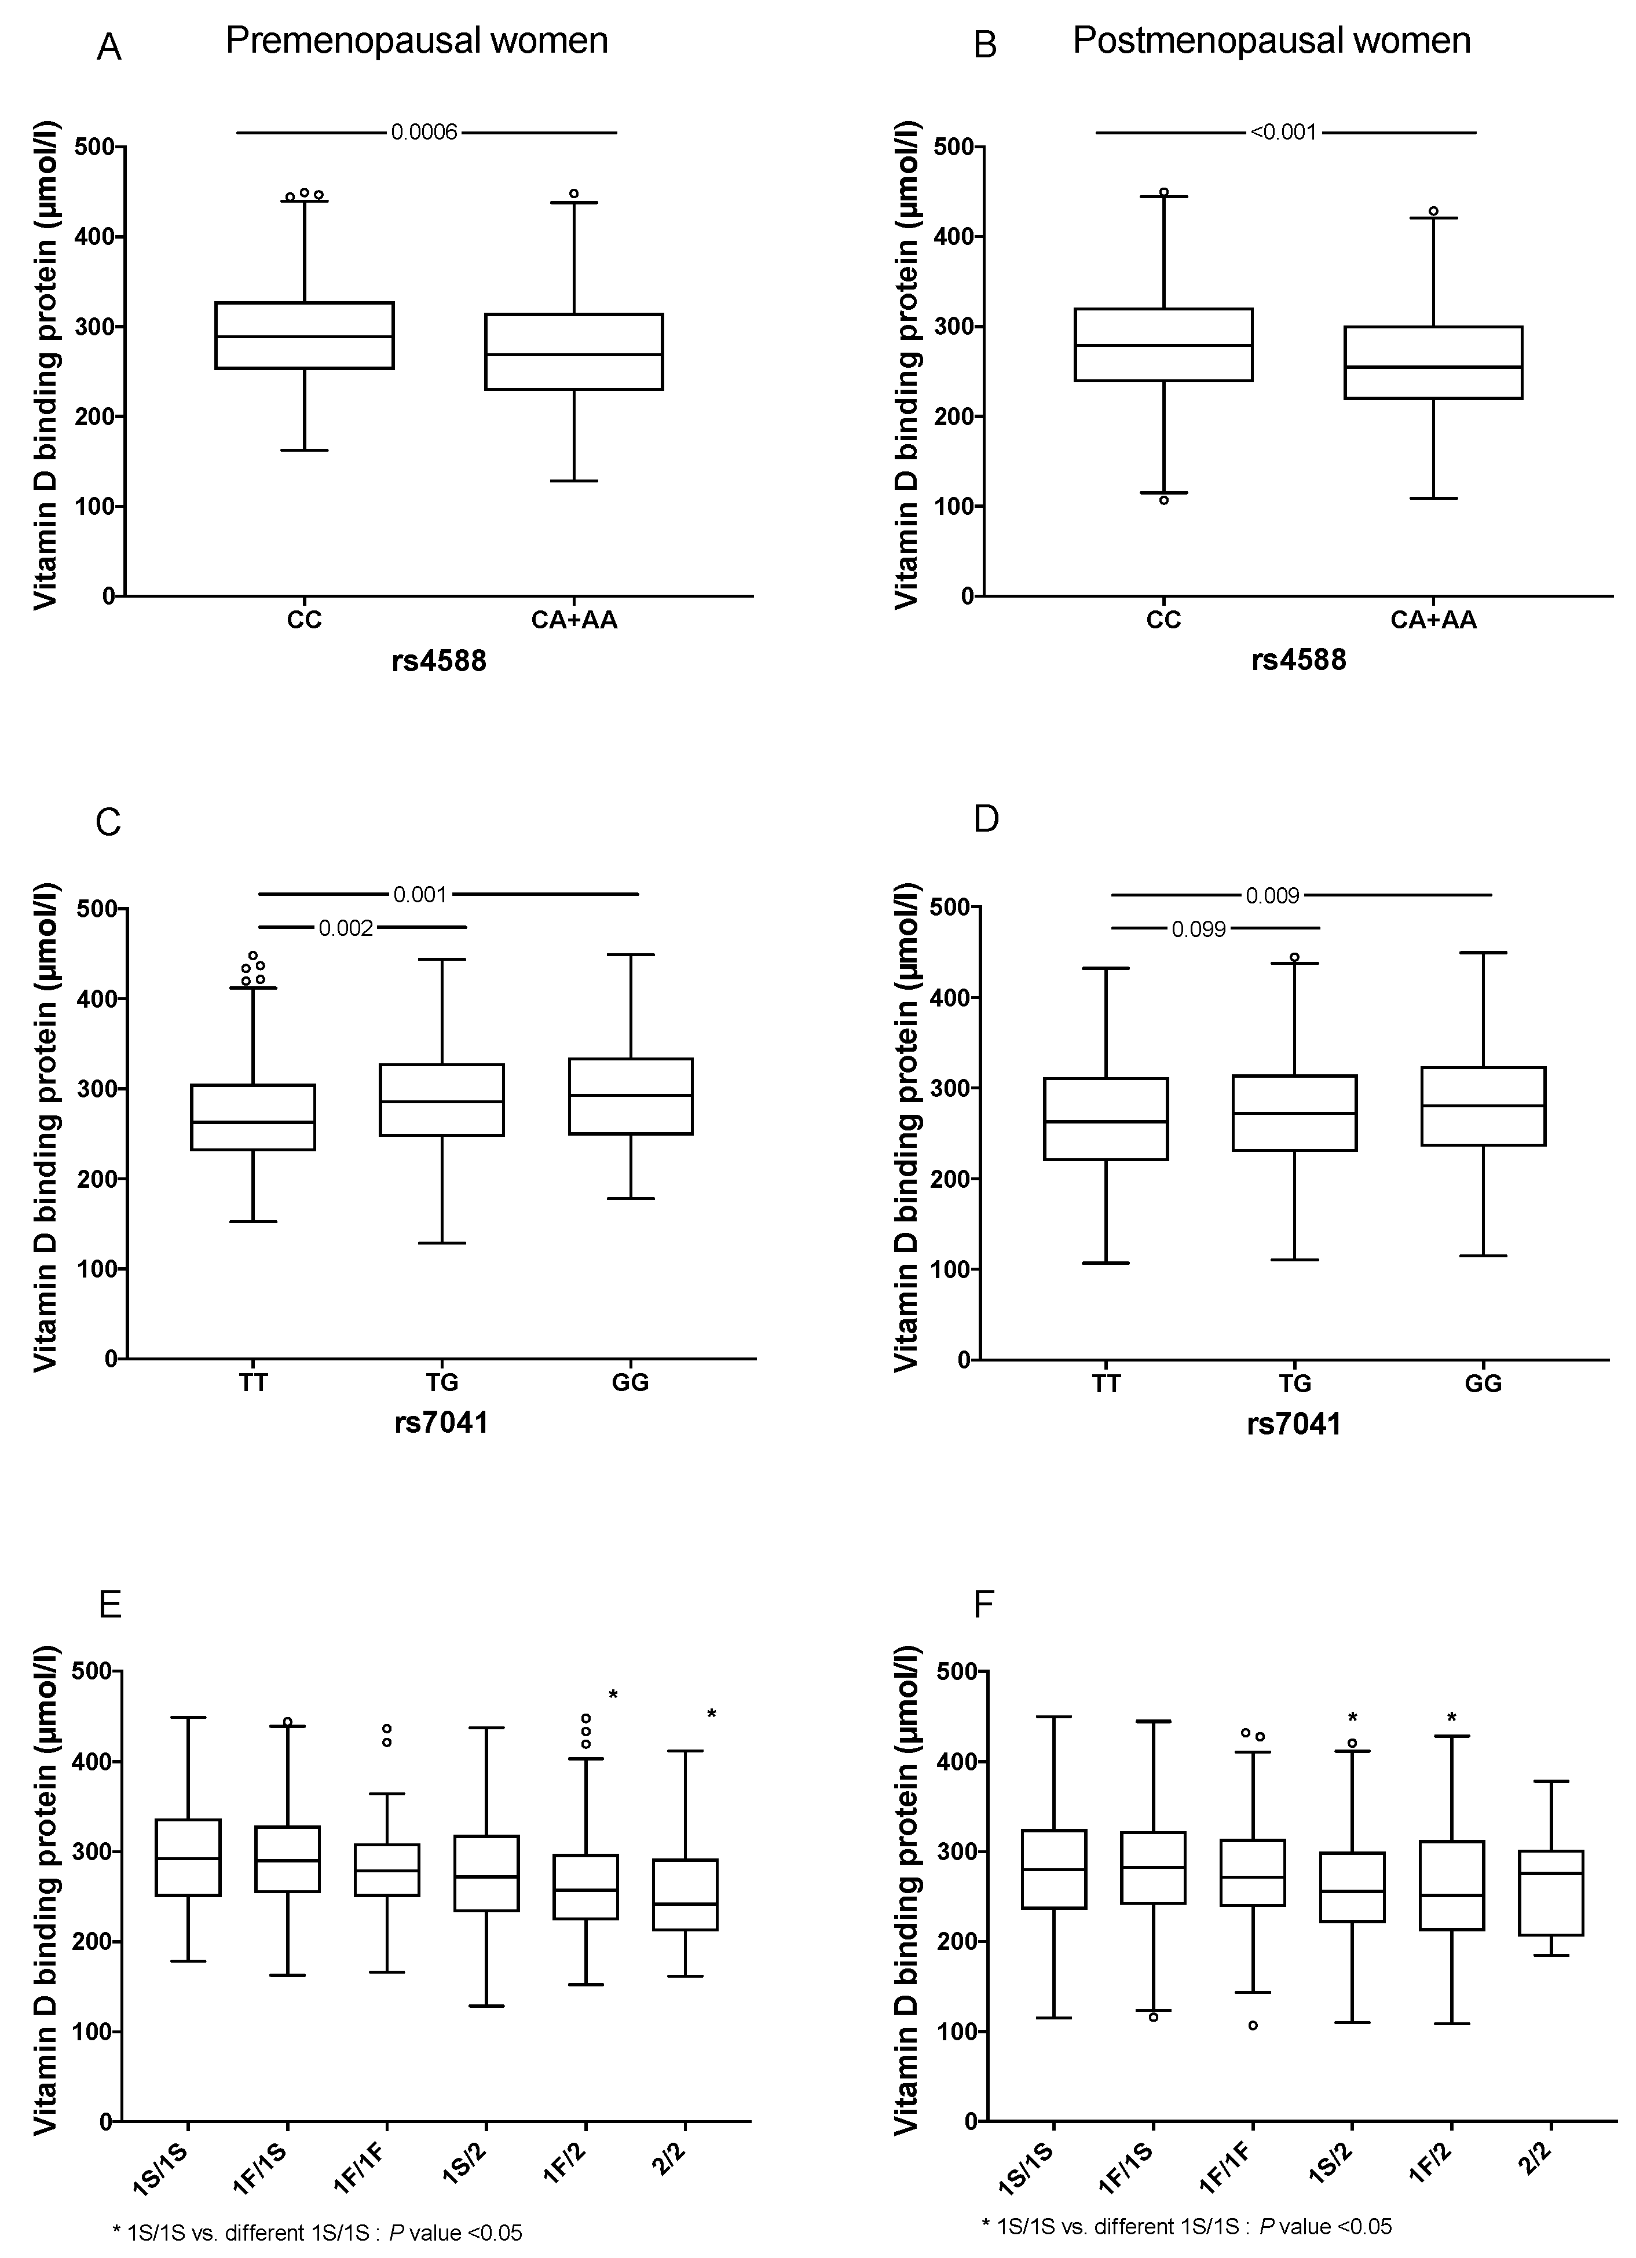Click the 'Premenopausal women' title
[x=416, y=41]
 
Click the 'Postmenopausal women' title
[x=1272, y=41]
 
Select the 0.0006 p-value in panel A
[x=424, y=133]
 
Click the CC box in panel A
[x=305, y=335]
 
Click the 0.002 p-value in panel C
[x=346, y=928]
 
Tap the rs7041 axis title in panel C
[x=441, y=1423]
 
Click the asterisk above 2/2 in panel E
[x=712, y=1714]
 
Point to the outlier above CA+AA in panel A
[x=573, y=194]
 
